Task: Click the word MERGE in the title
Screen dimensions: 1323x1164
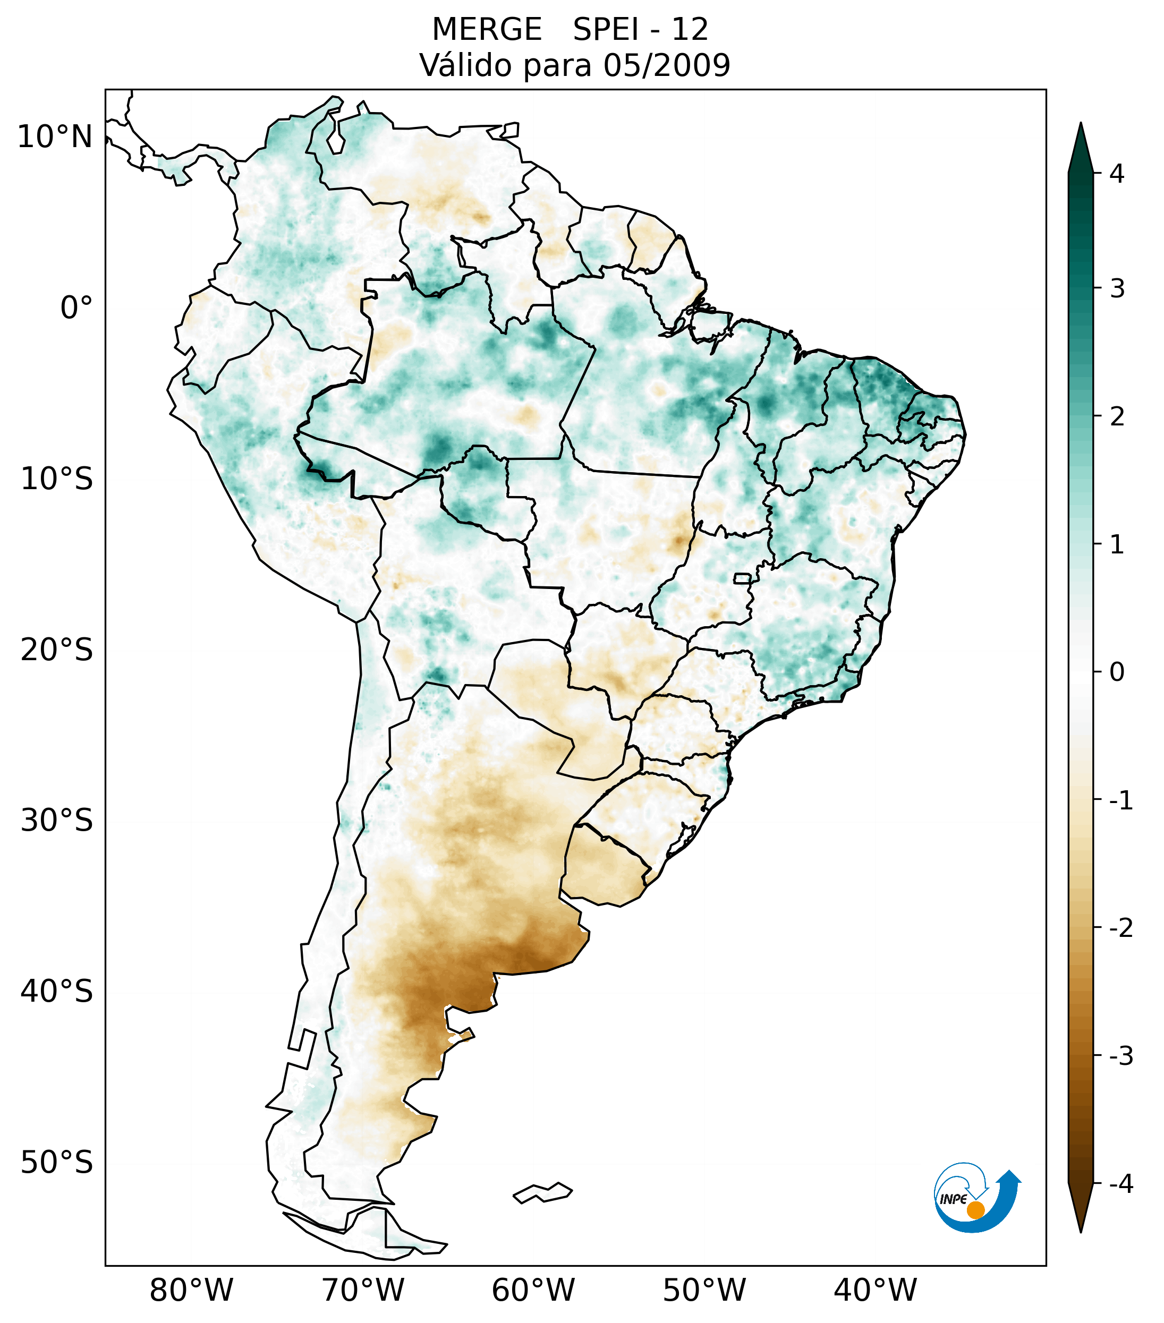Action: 487,30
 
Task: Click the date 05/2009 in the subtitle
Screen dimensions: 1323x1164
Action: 666,65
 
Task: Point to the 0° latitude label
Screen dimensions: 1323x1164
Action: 76,308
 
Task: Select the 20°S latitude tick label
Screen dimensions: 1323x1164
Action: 57,650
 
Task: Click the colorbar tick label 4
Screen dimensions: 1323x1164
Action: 1117,174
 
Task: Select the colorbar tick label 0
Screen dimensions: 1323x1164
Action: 1117,672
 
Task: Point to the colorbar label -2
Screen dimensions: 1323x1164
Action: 1120,928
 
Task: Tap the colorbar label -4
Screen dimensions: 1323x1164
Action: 1120,1184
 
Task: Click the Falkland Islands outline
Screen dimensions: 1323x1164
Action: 542,1192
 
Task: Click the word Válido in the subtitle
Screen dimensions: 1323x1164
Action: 466,65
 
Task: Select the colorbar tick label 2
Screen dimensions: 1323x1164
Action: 1117,417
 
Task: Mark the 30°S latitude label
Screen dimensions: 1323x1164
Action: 57,821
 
